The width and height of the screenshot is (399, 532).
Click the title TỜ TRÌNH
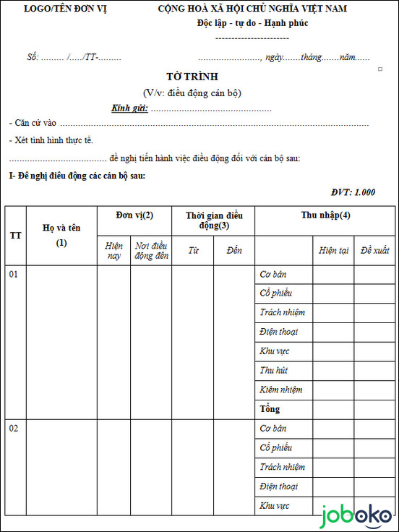(192, 77)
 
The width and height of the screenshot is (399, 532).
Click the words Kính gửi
(129, 108)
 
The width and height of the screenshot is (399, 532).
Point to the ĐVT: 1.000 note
(353, 192)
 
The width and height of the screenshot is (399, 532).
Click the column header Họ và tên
(61, 228)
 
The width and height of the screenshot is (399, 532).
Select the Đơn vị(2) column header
(134, 215)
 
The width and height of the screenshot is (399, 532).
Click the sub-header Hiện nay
(113, 251)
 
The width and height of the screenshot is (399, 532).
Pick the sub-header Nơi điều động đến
(151, 251)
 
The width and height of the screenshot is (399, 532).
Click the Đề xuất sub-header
(374, 251)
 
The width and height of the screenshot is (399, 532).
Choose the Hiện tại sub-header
(333, 251)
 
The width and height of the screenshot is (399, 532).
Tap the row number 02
(14, 429)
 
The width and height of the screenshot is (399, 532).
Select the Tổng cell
(270, 409)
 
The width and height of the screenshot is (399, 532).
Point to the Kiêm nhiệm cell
(280, 390)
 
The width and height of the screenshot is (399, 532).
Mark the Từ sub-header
(193, 251)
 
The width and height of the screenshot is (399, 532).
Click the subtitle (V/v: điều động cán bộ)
(192, 93)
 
